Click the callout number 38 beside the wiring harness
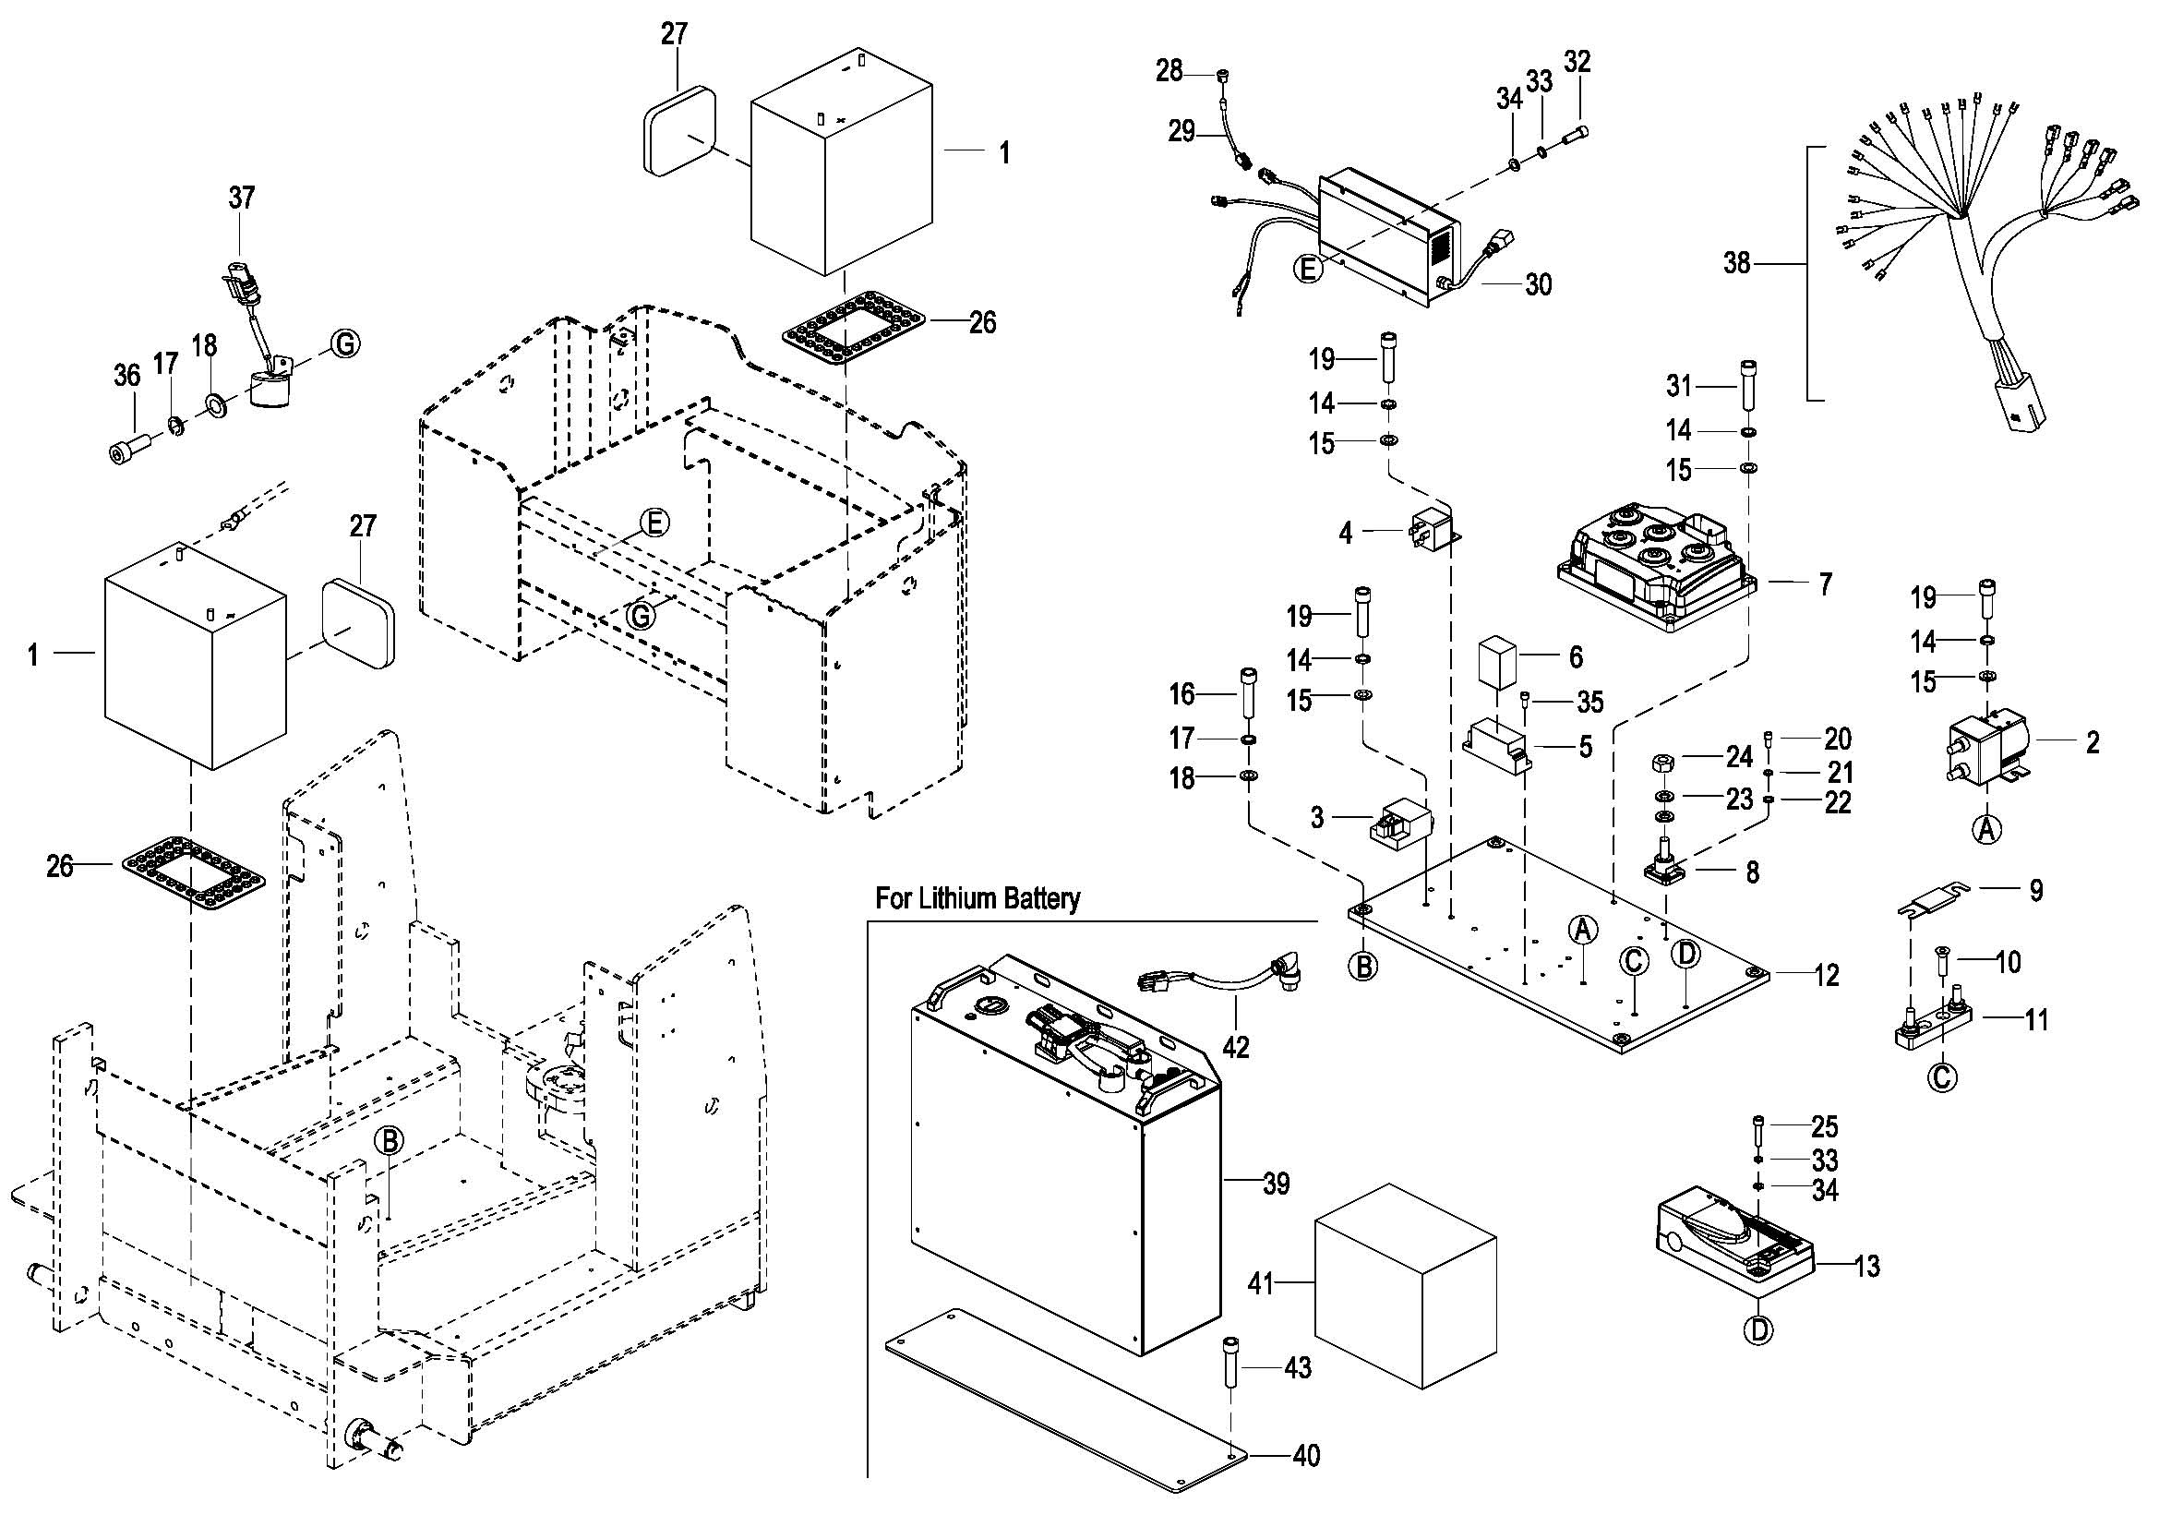1736,263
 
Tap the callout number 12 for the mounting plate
1826,975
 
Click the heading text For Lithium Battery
977,898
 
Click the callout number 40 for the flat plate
1306,1456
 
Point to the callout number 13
1866,1267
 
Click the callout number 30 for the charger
1539,284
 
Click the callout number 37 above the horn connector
242,198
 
